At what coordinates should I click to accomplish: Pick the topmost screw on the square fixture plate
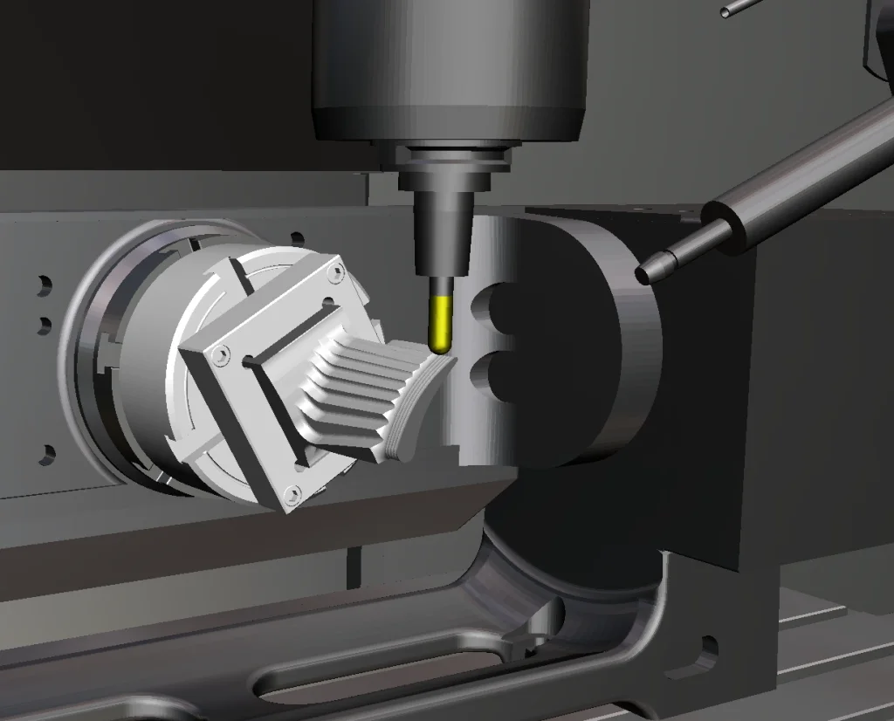[x=333, y=272]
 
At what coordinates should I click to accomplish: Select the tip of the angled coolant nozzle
[x=644, y=274]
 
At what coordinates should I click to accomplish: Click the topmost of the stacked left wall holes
[x=45, y=285]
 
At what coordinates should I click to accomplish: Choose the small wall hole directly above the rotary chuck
[x=298, y=238]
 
